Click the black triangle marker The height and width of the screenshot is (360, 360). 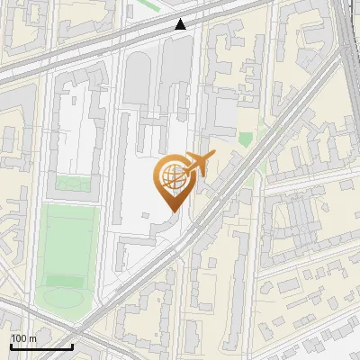coord(181,24)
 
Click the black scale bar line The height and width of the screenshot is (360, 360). coord(40,346)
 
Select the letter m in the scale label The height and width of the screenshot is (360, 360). coord(32,338)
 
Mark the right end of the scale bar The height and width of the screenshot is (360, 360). coord(72,346)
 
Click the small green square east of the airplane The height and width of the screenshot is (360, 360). coord(245,139)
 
